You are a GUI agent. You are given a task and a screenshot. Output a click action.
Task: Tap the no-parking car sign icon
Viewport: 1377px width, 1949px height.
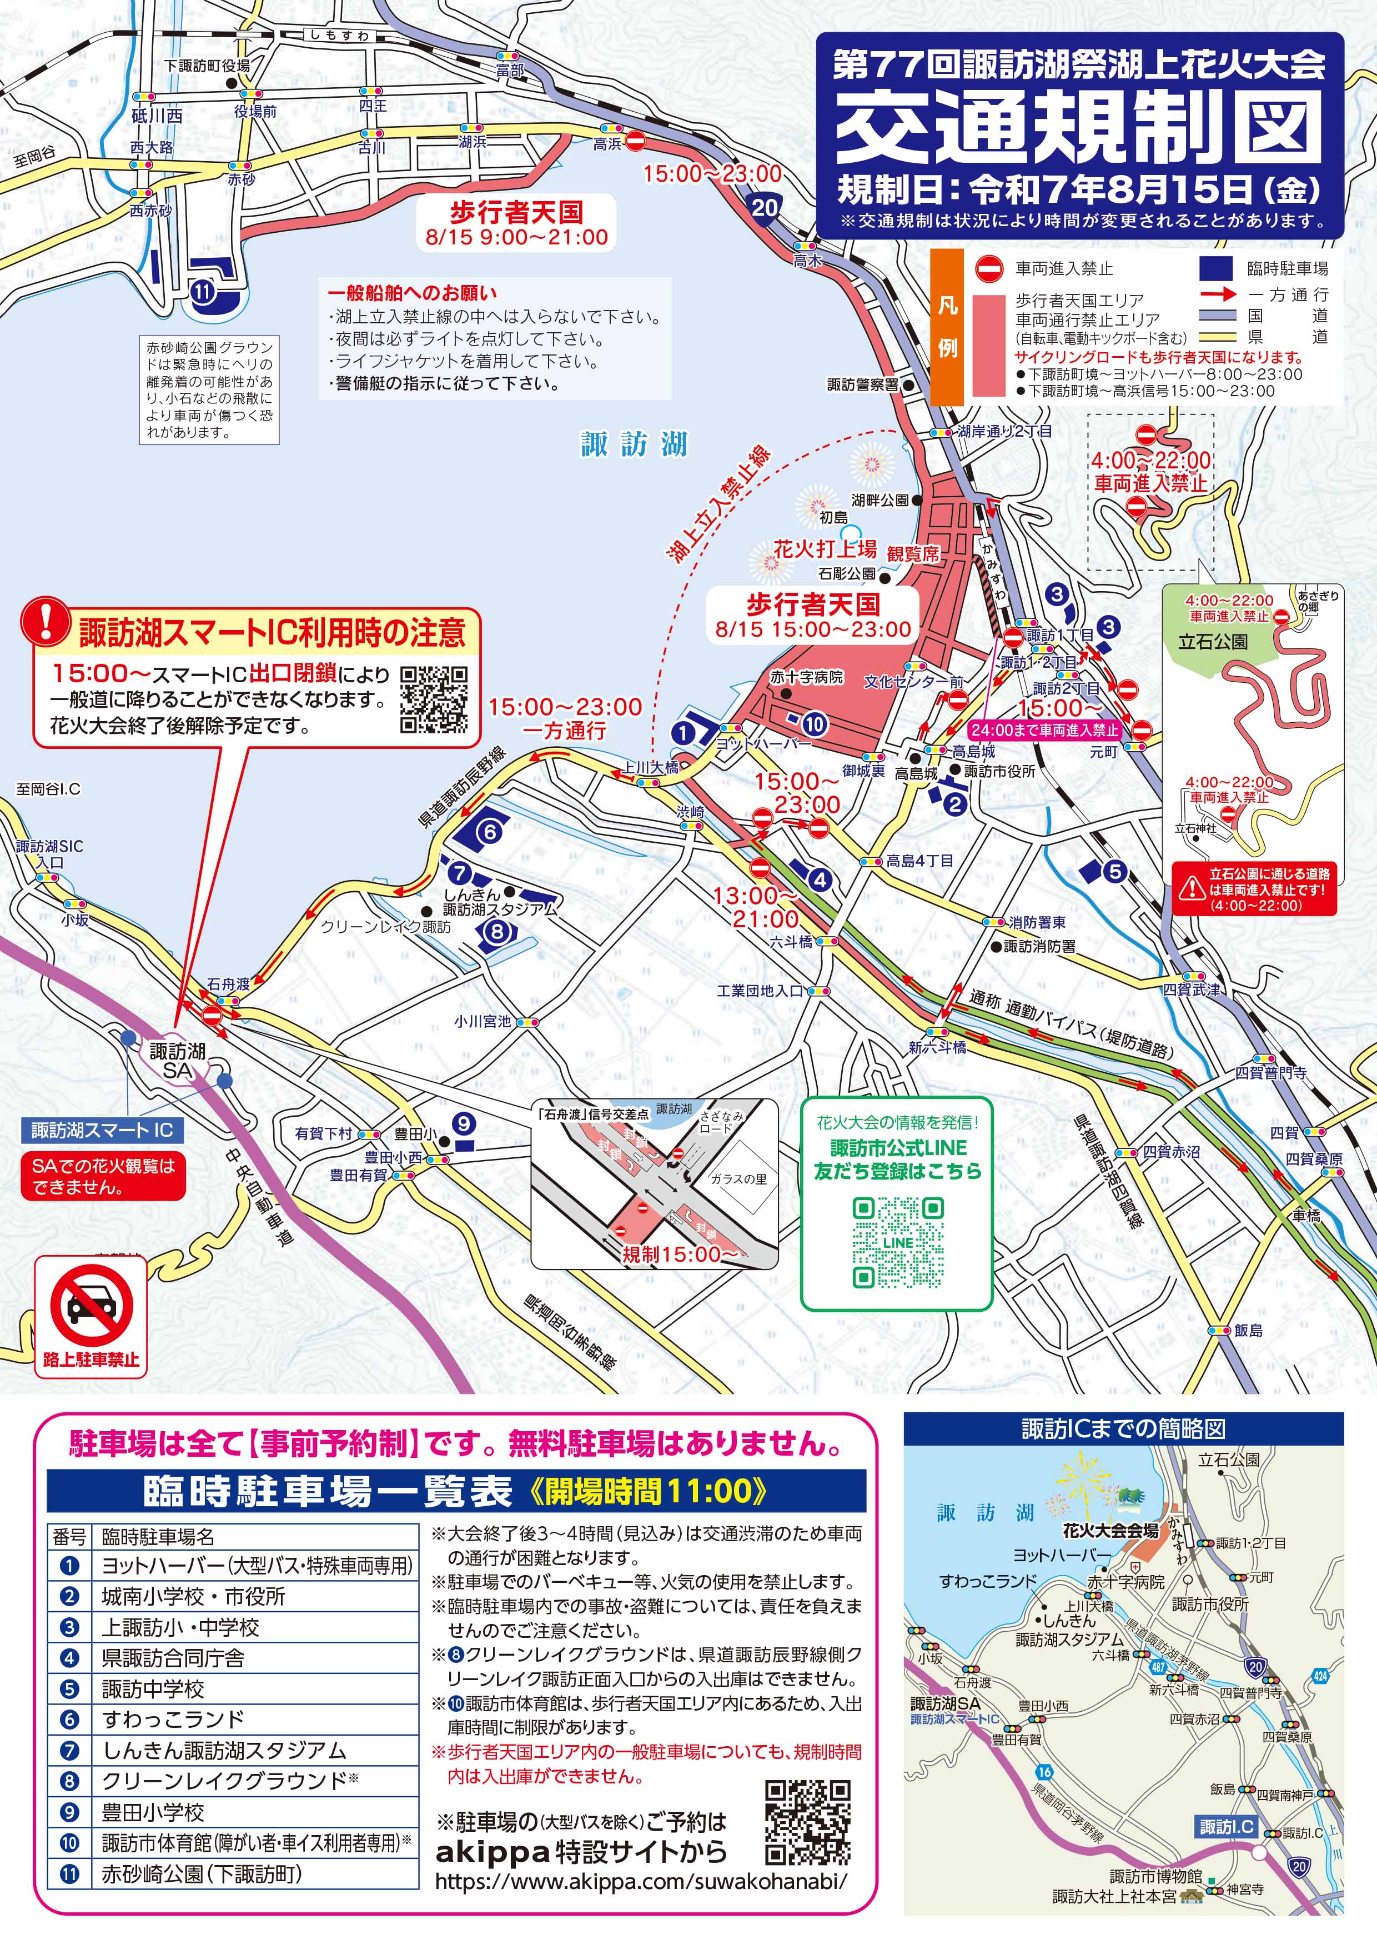91,1305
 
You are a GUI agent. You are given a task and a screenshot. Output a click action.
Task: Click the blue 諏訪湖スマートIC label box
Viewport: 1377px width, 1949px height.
102,1130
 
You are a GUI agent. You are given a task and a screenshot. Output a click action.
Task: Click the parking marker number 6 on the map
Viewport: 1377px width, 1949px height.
490,832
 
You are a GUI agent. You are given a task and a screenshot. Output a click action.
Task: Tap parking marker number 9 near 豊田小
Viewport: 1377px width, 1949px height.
463,1123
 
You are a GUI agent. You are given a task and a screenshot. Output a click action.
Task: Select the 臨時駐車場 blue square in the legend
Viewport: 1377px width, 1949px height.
1215,268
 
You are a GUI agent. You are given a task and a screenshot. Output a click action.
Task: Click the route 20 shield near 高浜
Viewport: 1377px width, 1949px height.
765,207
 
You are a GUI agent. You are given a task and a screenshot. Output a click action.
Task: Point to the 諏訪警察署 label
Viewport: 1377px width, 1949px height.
862,384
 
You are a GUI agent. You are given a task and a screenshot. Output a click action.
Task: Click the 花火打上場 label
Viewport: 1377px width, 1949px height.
825,548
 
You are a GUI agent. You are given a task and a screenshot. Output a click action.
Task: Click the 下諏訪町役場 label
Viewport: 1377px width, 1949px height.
207,66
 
